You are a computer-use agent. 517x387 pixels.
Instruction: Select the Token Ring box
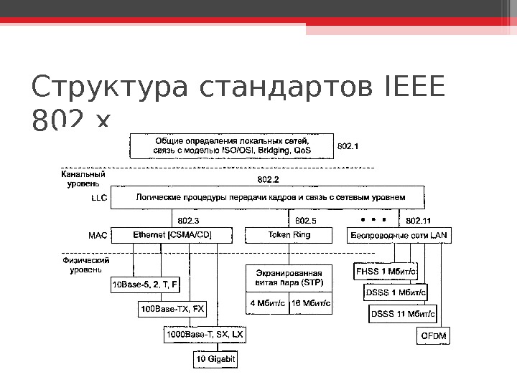coord(289,235)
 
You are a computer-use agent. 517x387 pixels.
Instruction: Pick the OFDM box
coord(433,335)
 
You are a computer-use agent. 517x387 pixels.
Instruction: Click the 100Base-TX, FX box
coord(172,310)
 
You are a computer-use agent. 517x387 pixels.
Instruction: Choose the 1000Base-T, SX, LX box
coord(205,335)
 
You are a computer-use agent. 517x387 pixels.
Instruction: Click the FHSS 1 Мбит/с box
coord(386,272)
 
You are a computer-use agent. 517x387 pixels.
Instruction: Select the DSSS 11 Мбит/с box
coord(403,313)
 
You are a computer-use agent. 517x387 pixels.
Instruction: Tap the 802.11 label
coord(419,220)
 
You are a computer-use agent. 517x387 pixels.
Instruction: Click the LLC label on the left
coord(99,200)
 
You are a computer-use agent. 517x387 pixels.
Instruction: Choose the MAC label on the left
coord(98,235)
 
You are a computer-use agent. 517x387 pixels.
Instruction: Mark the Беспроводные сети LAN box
coord(399,235)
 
